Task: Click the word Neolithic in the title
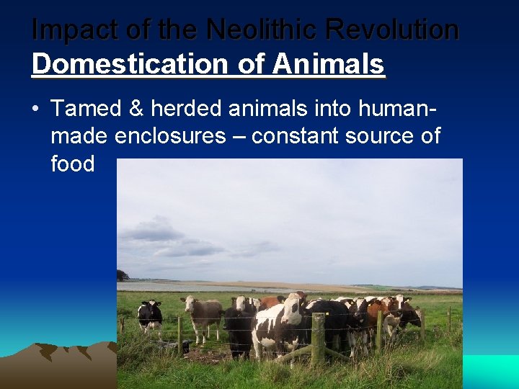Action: coord(261,30)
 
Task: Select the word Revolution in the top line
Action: coord(392,30)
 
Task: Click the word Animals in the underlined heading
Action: coord(329,63)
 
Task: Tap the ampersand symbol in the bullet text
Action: coord(138,109)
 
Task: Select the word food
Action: coord(73,164)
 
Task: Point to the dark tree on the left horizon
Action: coord(123,275)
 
